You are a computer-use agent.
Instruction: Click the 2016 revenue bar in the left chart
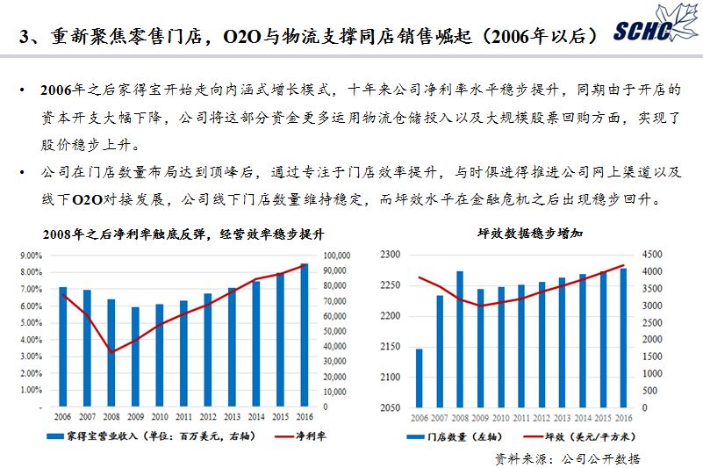pos(305,335)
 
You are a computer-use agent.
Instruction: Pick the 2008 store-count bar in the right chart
pos(459,340)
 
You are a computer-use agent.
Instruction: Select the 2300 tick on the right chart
pos(390,255)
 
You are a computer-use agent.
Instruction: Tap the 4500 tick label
pos(651,255)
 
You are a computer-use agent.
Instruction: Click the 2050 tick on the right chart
pos(390,408)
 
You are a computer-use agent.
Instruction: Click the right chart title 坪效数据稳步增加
pos(518,234)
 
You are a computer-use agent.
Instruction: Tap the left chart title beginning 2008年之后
pos(183,234)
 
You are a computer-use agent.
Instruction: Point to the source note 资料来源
pos(566,457)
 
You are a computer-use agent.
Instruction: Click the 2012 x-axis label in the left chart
pos(207,418)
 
